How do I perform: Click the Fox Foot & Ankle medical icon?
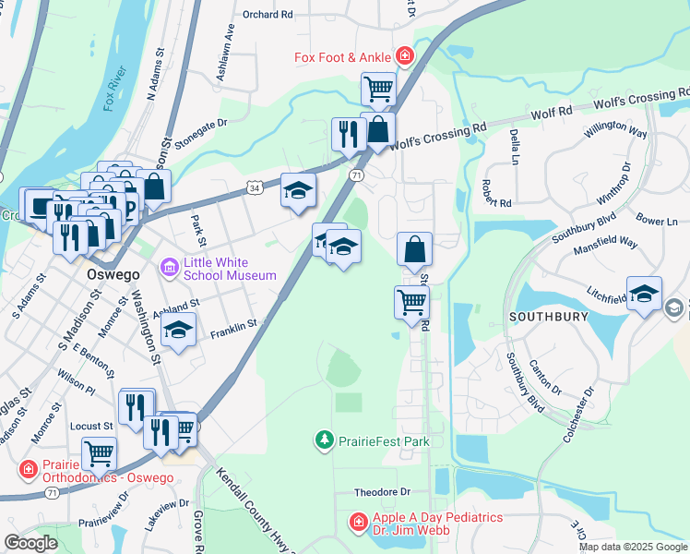pos(404,57)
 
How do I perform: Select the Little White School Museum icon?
pos(169,268)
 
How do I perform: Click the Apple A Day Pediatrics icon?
pos(358,524)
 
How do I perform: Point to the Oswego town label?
pos(94,274)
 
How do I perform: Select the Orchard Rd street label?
pos(268,15)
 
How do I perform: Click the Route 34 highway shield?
pos(254,187)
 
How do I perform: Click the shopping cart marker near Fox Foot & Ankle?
pos(378,89)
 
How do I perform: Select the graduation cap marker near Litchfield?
pos(644,293)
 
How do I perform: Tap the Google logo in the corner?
pos(31,542)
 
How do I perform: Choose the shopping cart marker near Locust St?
pos(99,453)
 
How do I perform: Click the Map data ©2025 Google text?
pos(632,547)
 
